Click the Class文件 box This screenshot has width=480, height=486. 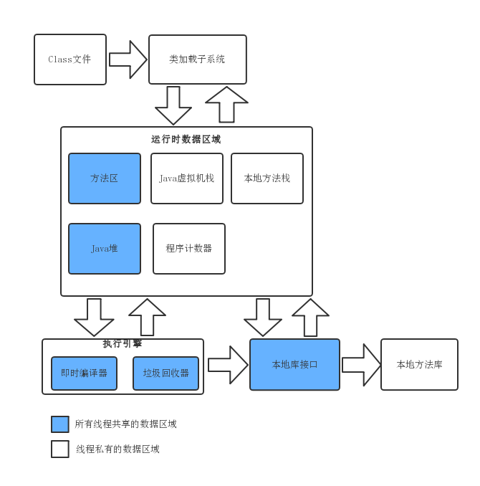[x=70, y=59]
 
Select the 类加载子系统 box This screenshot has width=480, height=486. [x=197, y=59]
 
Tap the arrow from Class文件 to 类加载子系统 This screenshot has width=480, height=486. [x=128, y=59]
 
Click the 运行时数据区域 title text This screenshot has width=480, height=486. [x=186, y=139]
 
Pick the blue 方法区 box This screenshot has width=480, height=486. [x=105, y=178]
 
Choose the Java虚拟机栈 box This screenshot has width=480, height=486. [x=187, y=178]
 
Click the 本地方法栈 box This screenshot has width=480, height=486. [x=267, y=178]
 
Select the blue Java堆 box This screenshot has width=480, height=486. [x=105, y=249]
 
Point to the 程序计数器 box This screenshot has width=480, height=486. [x=189, y=249]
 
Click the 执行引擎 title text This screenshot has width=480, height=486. [x=123, y=344]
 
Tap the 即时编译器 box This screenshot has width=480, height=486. [x=84, y=373]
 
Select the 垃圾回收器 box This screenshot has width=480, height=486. [x=165, y=373]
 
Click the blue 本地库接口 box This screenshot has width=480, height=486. [x=294, y=365]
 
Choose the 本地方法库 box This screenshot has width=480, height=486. [x=419, y=365]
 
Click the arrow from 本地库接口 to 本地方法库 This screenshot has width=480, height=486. [x=360, y=365]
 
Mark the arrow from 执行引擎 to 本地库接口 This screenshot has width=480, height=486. [x=227, y=365]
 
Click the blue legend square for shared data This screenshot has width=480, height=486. [x=60, y=424]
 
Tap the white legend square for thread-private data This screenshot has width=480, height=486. [x=60, y=449]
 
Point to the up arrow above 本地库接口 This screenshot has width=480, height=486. [x=310, y=317]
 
